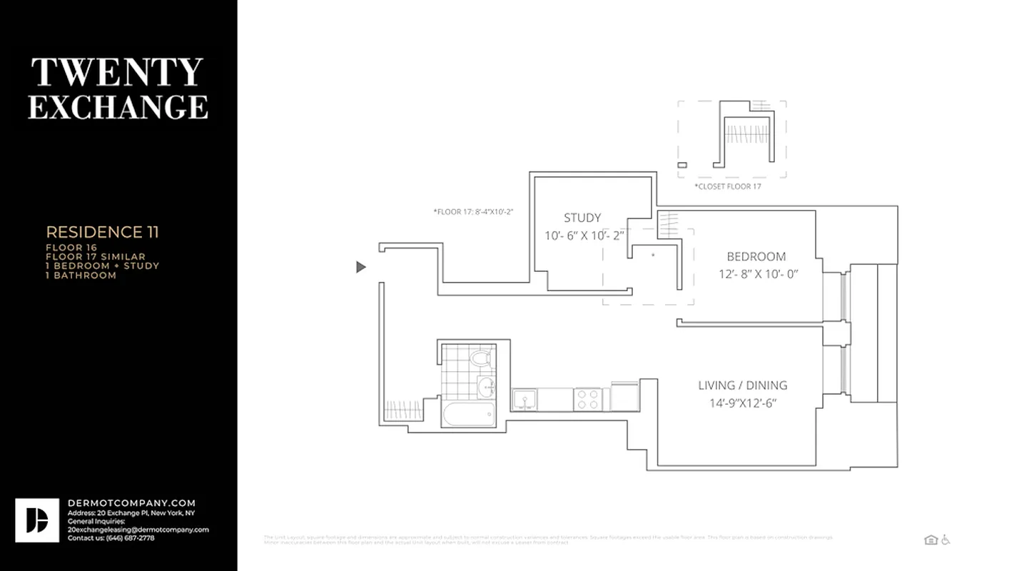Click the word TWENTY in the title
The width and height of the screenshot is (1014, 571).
[118, 72]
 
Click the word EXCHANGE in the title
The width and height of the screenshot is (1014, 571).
[118, 106]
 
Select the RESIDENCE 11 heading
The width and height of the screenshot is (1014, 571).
[102, 232]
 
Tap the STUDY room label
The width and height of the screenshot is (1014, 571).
[582, 218]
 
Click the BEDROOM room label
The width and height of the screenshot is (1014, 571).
[756, 256]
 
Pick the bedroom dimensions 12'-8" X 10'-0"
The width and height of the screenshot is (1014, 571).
[758, 273]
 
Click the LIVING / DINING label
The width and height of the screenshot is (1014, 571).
[742, 385]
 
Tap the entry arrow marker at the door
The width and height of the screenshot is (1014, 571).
[361, 267]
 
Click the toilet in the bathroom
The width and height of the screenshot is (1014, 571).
[482, 358]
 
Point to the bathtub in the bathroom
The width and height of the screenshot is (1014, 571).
[468, 413]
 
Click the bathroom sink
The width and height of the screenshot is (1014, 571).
[485, 388]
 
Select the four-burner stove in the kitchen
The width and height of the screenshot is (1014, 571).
[588, 400]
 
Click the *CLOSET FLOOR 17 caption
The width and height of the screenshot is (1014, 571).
[728, 186]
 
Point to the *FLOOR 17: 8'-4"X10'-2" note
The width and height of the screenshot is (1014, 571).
[473, 212]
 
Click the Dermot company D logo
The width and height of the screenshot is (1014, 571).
[37, 520]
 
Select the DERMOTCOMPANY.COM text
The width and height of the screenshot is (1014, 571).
[131, 503]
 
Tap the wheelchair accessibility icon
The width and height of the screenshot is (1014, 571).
[945, 540]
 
